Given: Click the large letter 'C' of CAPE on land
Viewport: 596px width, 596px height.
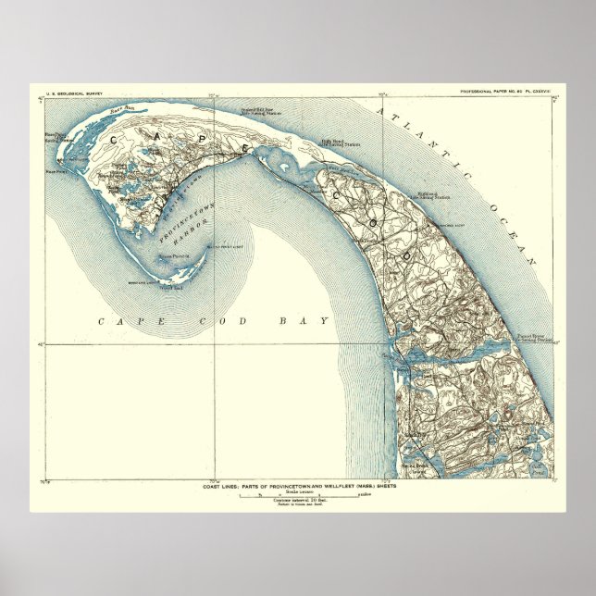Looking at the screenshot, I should click(117, 136).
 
